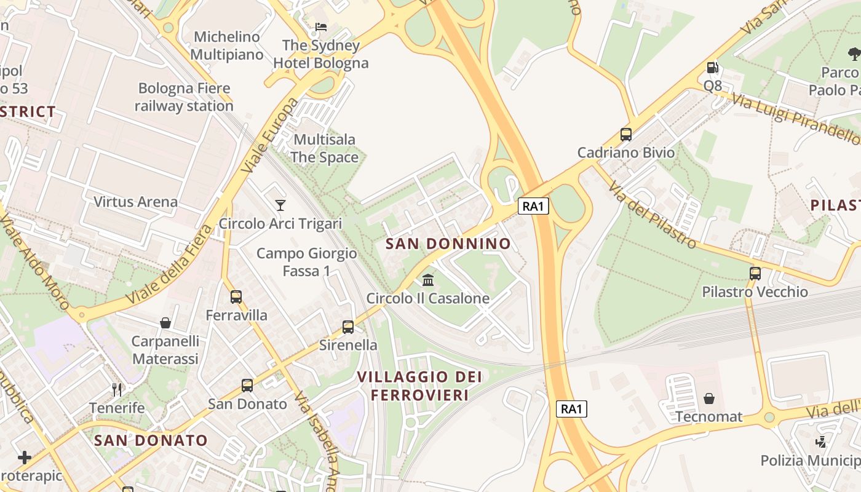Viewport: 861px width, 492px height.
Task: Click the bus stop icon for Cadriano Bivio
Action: (x=626, y=134)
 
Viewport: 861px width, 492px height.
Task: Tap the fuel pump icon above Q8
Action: (x=712, y=68)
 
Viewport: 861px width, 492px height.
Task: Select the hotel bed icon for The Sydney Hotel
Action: (x=321, y=27)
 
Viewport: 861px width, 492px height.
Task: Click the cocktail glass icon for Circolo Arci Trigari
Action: (x=280, y=205)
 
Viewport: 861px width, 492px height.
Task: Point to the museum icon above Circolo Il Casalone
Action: (x=428, y=280)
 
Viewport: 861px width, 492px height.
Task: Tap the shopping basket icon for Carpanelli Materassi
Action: (x=165, y=323)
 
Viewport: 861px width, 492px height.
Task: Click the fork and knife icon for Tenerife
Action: (x=117, y=389)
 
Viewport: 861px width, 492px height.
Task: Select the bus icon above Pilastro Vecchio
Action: (x=755, y=273)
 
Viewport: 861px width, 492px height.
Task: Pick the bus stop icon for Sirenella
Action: (x=348, y=327)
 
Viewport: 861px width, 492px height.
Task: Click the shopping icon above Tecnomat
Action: (x=709, y=399)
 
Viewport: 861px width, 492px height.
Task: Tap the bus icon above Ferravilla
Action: (x=236, y=297)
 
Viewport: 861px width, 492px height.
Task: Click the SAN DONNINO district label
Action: (x=448, y=244)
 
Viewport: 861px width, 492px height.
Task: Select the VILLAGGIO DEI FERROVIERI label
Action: (x=420, y=386)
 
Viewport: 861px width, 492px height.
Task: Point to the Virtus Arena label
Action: (x=135, y=202)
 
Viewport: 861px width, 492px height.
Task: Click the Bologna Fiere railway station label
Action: (x=184, y=97)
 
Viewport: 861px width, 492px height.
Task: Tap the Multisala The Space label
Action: (x=324, y=148)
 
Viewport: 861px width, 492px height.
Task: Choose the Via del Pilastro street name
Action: (x=653, y=215)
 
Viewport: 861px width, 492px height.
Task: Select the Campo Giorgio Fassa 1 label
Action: (x=306, y=262)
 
